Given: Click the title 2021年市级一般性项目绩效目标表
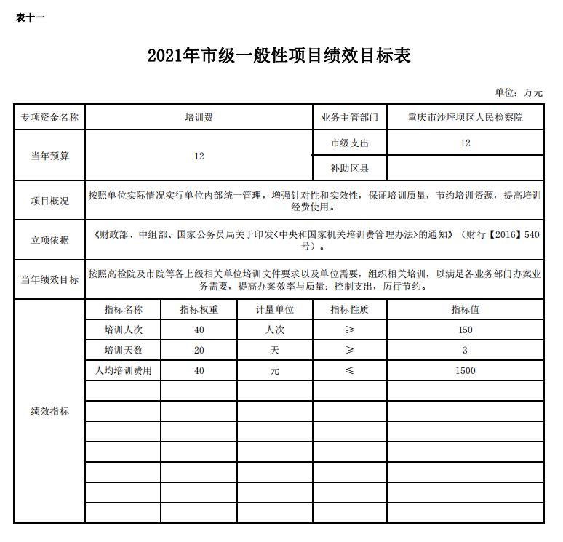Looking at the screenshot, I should pyautogui.click(x=279, y=56).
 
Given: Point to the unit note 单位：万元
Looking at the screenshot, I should pyautogui.click(x=519, y=93).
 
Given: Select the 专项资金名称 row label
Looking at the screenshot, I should pyautogui.click(x=49, y=117).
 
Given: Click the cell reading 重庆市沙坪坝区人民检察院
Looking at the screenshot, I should pyautogui.click(x=465, y=117).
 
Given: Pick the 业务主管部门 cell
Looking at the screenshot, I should pyautogui.click(x=349, y=117).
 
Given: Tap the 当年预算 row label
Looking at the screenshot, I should pyautogui.click(x=49, y=156).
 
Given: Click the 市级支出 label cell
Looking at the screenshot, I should pyautogui.click(x=349, y=143).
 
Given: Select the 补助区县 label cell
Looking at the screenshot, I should pyautogui.click(x=349, y=169).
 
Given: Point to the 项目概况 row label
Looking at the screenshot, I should pyautogui.click(x=49, y=201).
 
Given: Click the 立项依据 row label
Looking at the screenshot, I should pyautogui.click(x=49, y=240).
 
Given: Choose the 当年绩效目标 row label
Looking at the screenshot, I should pyautogui.click(x=49, y=279).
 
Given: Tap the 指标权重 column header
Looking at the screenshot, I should pyautogui.click(x=199, y=309).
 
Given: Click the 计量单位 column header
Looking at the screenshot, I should pyautogui.click(x=274, y=309).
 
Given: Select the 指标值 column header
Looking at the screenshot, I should pyautogui.click(x=465, y=309).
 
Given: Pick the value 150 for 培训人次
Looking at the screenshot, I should pyautogui.click(x=465, y=330).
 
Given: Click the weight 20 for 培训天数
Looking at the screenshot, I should pyautogui.click(x=199, y=350).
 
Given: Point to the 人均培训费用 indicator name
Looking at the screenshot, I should pyautogui.click(x=124, y=370).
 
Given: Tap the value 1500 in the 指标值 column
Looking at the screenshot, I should pyautogui.click(x=465, y=370).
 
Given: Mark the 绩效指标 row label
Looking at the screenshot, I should pyautogui.click(x=49, y=411).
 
